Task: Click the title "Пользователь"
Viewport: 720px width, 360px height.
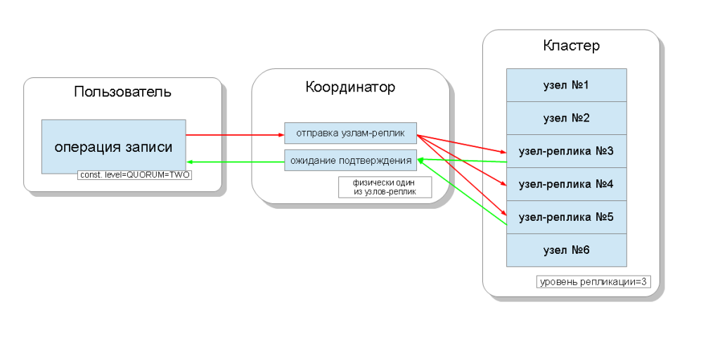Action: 122,91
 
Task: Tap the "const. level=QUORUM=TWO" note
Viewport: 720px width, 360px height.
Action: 134,174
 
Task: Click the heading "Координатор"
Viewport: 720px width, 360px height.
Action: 349,87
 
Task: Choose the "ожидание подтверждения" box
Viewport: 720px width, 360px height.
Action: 350,161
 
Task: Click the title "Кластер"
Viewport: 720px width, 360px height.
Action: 571,46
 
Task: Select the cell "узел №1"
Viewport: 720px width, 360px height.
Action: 566,85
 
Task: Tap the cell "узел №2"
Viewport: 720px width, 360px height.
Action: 566,118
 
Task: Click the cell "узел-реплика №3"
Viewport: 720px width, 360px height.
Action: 566,151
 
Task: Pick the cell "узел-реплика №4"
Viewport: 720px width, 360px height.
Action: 566,184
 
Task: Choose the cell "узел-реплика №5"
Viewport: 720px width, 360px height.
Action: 566,217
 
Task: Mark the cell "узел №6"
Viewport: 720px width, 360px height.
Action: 566,250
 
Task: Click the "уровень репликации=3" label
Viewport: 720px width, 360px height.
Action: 593,282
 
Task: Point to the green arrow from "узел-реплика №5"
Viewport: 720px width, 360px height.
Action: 464,193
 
